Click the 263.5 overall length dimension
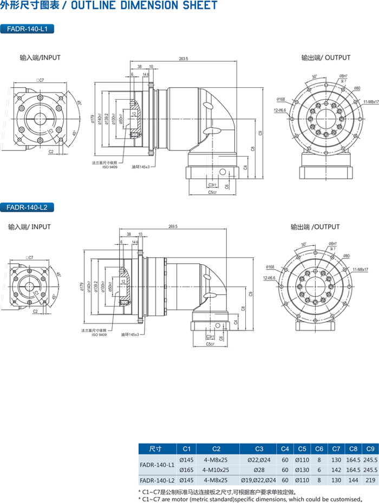coord(183,59)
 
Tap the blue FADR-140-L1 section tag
coord(28,29)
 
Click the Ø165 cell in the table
coord(186,469)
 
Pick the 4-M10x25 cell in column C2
coord(217,469)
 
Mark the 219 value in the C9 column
coord(369,480)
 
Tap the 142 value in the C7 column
coord(336,469)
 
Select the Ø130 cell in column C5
coord(302,469)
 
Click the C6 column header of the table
coord(319,448)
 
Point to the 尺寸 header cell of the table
coord(156,448)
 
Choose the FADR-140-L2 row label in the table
coord(157,480)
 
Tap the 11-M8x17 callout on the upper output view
coord(370,101)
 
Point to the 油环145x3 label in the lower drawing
coord(130,334)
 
